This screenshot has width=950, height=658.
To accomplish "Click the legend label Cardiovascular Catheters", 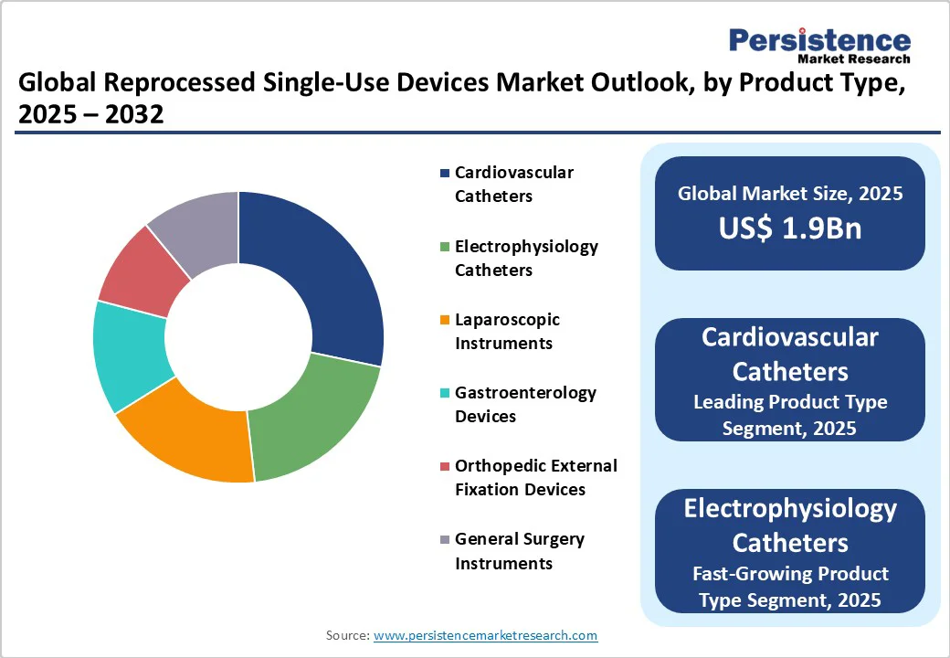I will point(513,184).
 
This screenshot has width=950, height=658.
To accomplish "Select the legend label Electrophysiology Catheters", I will point(526,258).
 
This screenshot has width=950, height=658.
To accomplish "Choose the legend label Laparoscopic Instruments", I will point(507,331).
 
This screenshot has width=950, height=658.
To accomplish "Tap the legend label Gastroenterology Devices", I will point(525,404).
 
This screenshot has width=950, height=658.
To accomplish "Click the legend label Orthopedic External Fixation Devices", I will point(535,477).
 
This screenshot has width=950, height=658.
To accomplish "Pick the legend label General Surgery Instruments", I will point(519,550).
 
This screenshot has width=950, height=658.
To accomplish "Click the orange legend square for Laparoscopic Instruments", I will point(445,320).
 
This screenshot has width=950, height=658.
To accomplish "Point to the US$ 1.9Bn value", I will point(789,228).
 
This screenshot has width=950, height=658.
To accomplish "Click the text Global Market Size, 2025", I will point(789,193).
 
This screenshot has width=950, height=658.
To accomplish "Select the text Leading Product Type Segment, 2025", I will point(789,415).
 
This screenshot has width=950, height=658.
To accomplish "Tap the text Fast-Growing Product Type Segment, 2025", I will point(789,586).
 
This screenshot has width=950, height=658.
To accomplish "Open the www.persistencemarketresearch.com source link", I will point(485,635).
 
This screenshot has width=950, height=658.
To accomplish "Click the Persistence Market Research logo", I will point(818,45).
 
